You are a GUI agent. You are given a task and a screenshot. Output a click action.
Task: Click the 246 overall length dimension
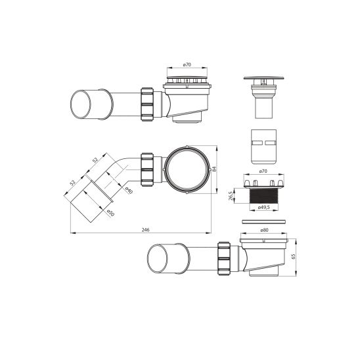pos(146,229)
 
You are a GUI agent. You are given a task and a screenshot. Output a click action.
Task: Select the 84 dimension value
pos(215,169)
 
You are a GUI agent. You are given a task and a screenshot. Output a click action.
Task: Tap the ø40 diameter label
pos(129,191)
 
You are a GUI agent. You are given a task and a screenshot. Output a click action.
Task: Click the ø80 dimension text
pos(264,230)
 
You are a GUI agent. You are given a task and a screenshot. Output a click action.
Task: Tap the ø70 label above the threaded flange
pos(264,171)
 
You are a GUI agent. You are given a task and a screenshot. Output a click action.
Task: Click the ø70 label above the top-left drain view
pos(187,66)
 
